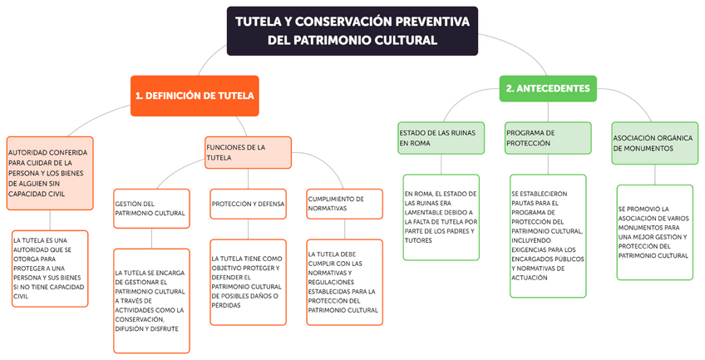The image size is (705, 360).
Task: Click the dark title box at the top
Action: (352, 31)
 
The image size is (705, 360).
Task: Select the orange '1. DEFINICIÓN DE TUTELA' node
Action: (195, 96)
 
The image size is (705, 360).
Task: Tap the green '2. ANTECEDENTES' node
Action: (548, 88)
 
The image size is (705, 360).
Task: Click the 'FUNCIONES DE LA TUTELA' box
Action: (248, 152)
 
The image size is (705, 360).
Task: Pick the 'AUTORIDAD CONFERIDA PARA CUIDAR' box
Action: (49, 173)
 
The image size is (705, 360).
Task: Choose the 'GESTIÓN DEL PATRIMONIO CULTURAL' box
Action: (150, 208)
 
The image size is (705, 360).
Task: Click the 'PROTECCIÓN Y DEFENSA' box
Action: (248, 204)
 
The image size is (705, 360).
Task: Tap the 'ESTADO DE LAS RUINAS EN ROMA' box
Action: (440, 137)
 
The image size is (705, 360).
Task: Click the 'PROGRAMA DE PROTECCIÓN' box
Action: (548, 137)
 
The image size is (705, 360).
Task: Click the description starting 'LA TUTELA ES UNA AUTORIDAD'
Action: (49, 268)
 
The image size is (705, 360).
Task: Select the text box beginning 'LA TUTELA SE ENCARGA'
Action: (150, 300)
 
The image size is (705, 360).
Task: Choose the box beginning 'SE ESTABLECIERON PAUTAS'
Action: (548, 235)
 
